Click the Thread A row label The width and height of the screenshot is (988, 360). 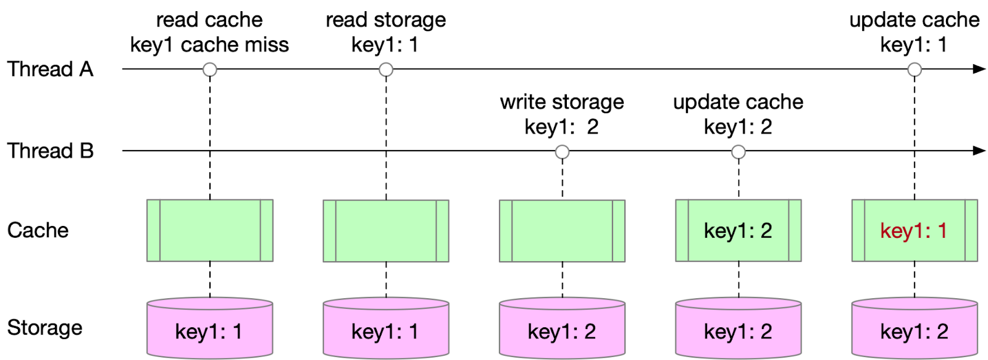50,69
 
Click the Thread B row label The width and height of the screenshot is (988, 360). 50,151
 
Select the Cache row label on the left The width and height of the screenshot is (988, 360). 38,230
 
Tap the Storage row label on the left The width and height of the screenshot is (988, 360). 44,327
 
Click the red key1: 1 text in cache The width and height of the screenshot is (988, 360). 913,231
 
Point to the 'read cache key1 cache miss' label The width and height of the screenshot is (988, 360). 209,32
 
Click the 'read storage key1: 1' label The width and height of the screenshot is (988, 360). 385,32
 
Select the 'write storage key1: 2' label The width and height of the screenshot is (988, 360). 561,114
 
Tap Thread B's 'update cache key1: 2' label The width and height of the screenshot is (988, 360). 738,114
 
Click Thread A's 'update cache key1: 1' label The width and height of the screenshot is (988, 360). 914,32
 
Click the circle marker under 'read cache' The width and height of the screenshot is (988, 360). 210,70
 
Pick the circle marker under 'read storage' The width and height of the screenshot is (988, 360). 386,70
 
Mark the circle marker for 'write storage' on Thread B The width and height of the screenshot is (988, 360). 562,152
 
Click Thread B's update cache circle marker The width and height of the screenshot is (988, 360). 739,152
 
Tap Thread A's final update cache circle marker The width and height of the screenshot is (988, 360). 915,70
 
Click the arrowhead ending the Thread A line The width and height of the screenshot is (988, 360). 979,69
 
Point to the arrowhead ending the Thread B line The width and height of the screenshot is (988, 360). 979,151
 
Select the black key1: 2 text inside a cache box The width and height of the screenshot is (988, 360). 738,231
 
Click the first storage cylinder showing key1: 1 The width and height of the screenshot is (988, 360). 209,329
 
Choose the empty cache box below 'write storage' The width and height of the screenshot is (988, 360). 562,231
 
